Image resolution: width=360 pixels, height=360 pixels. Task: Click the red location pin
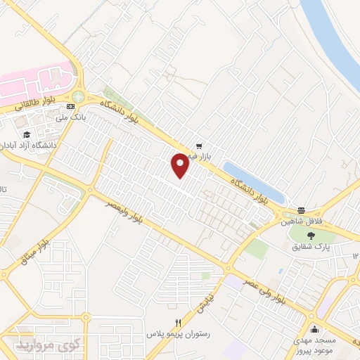pyautogui.click(x=180, y=165)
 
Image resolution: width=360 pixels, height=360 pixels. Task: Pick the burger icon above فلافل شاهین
pyautogui.click(x=301, y=210)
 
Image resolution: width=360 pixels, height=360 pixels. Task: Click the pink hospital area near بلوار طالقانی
pyautogui.click(x=35, y=81)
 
